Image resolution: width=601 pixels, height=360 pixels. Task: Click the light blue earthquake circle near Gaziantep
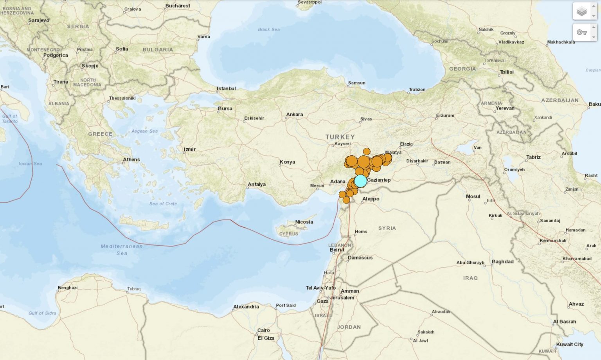pos(360,181)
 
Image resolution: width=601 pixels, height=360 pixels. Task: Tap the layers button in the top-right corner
pos(582,11)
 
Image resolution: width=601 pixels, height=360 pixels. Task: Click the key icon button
pos(582,32)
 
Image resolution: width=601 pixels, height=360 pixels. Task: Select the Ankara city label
pos(294,115)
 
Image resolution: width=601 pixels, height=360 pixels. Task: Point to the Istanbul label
pos(226,88)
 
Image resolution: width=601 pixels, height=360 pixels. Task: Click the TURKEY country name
pos(340,137)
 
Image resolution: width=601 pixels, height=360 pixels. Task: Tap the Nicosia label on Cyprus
pos(304,222)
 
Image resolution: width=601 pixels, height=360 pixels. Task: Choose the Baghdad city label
pos(502,261)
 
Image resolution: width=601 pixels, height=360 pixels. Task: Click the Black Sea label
pos(269,29)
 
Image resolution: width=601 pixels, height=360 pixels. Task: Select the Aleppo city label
pos(371,199)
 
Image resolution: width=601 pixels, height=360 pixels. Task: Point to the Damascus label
pos(360,257)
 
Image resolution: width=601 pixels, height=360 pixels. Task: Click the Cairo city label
pos(263,330)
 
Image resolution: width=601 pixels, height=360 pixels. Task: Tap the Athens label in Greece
pos(131,160)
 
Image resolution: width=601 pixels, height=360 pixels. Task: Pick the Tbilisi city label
pos(506,72)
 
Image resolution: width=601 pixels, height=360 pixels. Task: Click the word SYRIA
pos(387,228)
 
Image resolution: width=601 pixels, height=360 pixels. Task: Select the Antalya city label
pos(257,184)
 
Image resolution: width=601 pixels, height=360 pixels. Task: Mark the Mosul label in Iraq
pos(473,196)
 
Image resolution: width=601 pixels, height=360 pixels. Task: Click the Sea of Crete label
pos(163,203)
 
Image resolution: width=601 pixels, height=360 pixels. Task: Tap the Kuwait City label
pos(570,344)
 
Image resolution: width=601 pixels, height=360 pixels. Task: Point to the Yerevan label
pos(505,108)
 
